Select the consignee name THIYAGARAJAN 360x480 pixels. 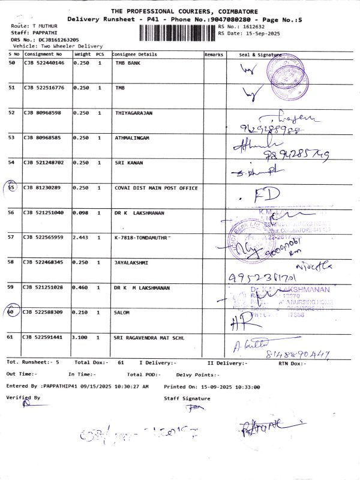point(134,113)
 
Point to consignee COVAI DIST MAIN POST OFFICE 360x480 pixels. point(156,188)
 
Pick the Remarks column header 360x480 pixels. point(214,54)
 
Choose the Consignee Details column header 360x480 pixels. point(135,54)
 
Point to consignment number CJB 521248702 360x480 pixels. point(43,163)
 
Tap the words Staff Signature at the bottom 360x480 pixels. point(187,398)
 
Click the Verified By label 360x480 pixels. point(23,397)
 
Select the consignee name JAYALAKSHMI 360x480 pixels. point(132,262)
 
